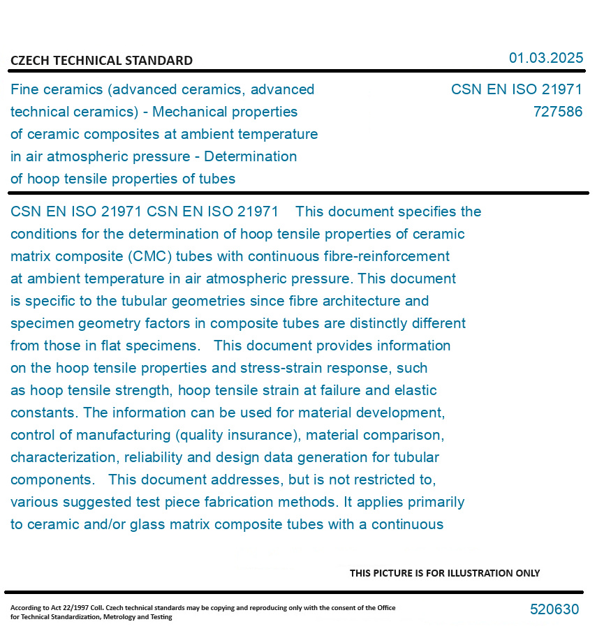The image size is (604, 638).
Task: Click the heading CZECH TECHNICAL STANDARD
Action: click(x=101, y=61)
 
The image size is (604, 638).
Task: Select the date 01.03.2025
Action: click(x=545, y=58)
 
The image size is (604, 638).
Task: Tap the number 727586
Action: click(x=557, y=112)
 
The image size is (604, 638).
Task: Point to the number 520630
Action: click(x=554, y=609)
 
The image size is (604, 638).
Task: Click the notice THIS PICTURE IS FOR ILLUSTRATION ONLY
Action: click(x=445, y=573)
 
